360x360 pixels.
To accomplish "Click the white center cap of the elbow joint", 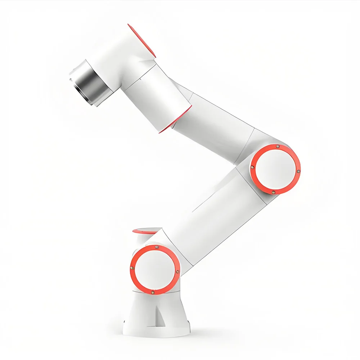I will coord(275,169).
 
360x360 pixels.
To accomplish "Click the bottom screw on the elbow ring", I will coord(273,192).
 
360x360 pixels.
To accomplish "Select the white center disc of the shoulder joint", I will coord(155,270).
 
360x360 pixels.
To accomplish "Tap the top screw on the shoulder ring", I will coord(157,247).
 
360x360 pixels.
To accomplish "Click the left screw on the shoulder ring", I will coord(132,267).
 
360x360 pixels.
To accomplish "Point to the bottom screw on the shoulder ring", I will coord(153,292).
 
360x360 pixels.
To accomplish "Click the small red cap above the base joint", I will coord(146,230).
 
